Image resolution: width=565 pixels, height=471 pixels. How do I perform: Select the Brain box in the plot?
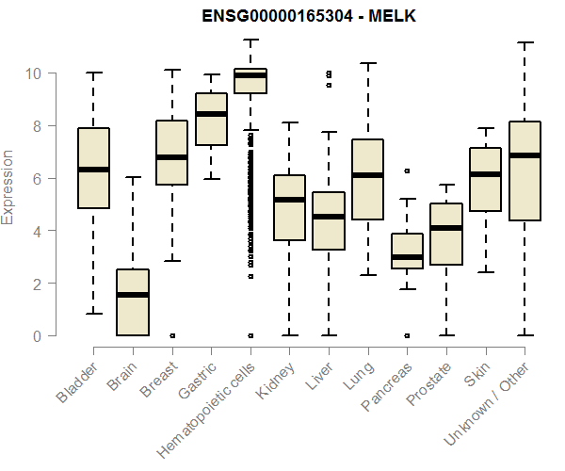tap(133, 302)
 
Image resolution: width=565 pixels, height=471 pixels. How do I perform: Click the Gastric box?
tap(211, 119)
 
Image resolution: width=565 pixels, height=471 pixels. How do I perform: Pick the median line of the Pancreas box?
tap(407, 257)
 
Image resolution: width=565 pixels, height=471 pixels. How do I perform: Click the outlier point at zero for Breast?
tap(172, 335)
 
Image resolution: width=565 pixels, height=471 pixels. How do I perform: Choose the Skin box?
tap(485, 179)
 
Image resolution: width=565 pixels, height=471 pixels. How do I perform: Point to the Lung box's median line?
tap(367, 175)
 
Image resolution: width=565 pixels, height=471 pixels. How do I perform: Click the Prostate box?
tap(445, 234)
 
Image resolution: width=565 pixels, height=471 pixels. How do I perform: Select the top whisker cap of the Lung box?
tap(367, 64)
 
